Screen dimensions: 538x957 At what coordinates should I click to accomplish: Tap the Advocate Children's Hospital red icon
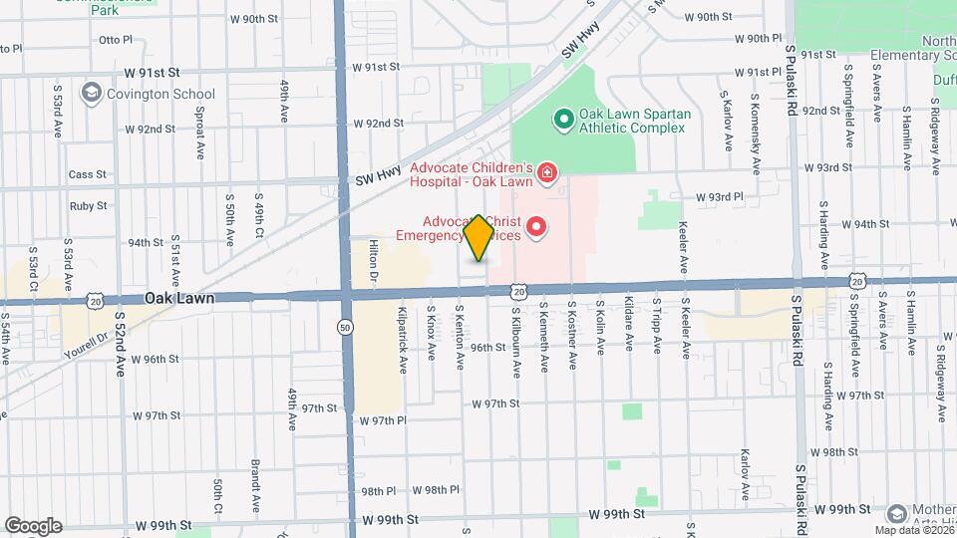point(546,175)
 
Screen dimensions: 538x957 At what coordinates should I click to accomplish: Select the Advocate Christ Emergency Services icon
point(536,228)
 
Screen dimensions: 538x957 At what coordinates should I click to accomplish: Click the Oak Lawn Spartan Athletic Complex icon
point(563,121)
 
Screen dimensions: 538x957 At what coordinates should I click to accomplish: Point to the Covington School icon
point(93,93)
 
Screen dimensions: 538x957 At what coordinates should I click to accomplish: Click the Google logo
point(33,526)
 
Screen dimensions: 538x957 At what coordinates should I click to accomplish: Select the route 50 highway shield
point(345,326)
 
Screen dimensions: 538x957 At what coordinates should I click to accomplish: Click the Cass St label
point(88,174)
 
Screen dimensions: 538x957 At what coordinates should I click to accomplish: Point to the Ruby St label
point(88,206)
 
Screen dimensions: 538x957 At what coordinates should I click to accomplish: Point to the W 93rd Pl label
point(720,197)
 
